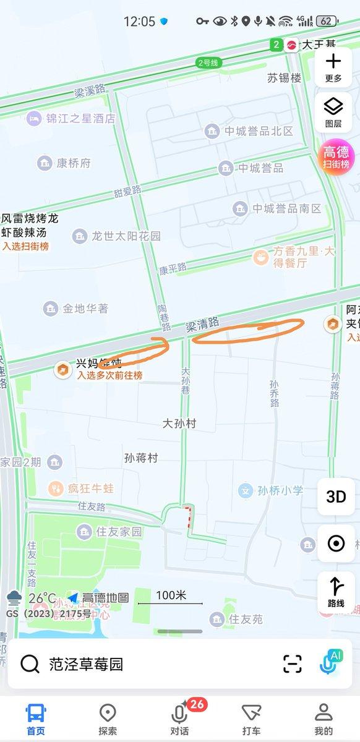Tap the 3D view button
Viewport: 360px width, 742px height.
click(336, 497)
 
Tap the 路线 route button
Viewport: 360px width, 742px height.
click(336, 592)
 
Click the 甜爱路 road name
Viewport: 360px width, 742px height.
click(127, 192)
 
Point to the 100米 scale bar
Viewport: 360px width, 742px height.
click(170, 597)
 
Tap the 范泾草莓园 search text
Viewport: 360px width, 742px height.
click(86, 664)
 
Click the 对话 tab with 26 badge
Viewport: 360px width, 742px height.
click(180, 719)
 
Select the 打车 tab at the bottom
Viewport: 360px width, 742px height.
click(251, 719)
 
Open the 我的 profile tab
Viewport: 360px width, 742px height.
click(323, 719)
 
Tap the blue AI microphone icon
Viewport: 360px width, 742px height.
click(331, 662)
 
